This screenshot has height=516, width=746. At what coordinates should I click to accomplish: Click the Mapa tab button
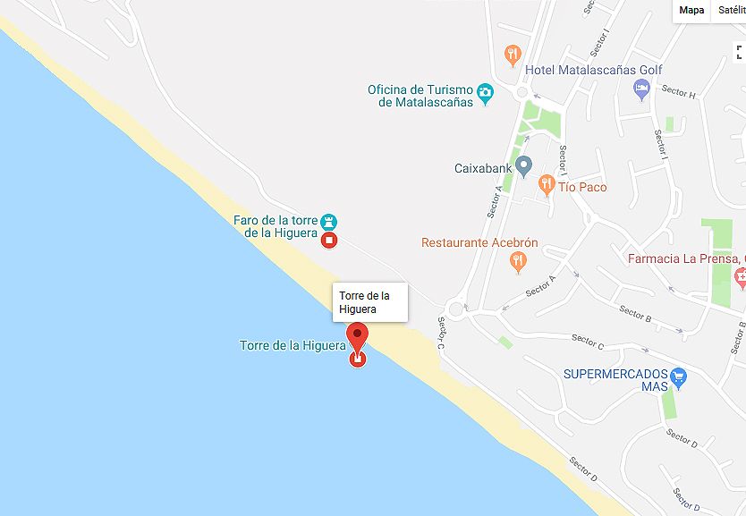pyautogui.click(x=691, y=10)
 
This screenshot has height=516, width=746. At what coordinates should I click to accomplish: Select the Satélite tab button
pyautogui.click(x=731, y=10)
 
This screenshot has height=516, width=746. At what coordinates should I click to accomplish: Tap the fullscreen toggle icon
pyautogui.click(x=739, y=52)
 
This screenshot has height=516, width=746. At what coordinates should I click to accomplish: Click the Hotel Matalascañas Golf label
pyautogui.click(x=594, y=70)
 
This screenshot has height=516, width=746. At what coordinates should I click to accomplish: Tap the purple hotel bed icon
pyautogui.click(x=641, y=88)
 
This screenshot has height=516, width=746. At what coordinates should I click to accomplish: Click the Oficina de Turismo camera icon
pyautogui.click(x=485, y=91)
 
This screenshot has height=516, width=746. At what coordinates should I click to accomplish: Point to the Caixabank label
pyautogui.click(x=483, y=167)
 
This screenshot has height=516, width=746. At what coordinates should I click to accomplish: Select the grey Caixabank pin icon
pyautogui.click(x=524, y=166)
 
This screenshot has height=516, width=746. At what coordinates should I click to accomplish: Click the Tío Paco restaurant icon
pyautogui.click(x=547, y=186)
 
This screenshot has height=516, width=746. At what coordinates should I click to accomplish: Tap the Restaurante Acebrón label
pyautogui.click(x=479, y=242)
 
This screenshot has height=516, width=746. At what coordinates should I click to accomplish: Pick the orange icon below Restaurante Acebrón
pyautogui.click(x=517, y=262)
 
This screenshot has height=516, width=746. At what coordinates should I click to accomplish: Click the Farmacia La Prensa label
pyautogui.click(x=685, y=259)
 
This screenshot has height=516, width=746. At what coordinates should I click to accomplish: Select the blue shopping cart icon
pyautogui.click(x=678, y=376)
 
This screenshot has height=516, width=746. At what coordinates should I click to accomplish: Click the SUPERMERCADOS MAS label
pyautogui.click(x=615, y=380)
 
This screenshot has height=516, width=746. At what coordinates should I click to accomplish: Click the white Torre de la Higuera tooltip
pyautogui.click(x=369, y=302)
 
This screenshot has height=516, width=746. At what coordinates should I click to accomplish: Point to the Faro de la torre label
pyautogui.click(x=276, y=226)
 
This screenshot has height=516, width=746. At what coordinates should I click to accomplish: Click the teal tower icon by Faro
pyautogui.click(x=329, y=221)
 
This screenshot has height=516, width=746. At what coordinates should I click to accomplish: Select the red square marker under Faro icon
pyautogui.click(x=329, y=240)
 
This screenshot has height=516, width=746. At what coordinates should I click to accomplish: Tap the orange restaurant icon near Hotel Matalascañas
pyautogui.click(x=513, y=55)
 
